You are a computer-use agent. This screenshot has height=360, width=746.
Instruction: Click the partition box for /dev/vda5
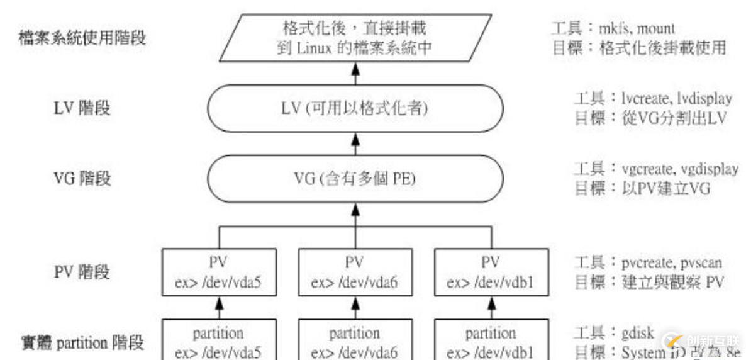coord(218,341)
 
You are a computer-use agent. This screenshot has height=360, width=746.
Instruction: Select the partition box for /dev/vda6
coord(354,341)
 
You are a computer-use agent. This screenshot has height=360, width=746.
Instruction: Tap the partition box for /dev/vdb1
coord(490,341)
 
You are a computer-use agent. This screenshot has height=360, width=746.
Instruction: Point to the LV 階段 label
coord(82,108)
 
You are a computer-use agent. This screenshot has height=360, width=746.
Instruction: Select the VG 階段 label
coord(82,179)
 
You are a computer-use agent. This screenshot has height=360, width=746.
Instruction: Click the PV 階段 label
coord(82,272)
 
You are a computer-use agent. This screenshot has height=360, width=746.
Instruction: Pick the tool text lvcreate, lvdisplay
coord(669,99)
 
